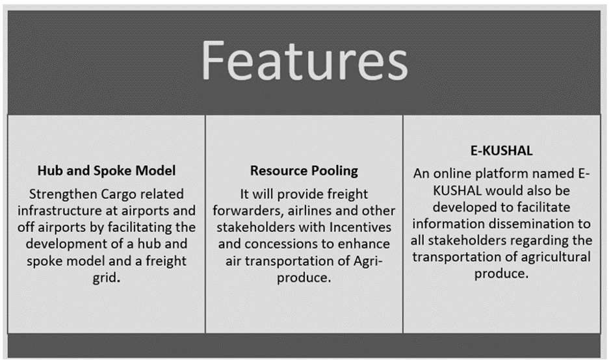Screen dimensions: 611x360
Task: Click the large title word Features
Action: pyautogui.click(x=304, y=61)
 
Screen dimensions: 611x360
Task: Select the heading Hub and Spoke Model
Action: pyautogui.click(x=107, y=171)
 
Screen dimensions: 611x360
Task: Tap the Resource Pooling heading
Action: pyautogui.click(x=304, y=171)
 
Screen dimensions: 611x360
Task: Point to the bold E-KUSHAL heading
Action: pyautogui.click(x=501, y=150)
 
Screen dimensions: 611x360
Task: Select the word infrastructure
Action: pyautogui.click(x=60, y=211)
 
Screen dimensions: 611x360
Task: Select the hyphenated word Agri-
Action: pyautogui.click(x=369, y=261)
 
